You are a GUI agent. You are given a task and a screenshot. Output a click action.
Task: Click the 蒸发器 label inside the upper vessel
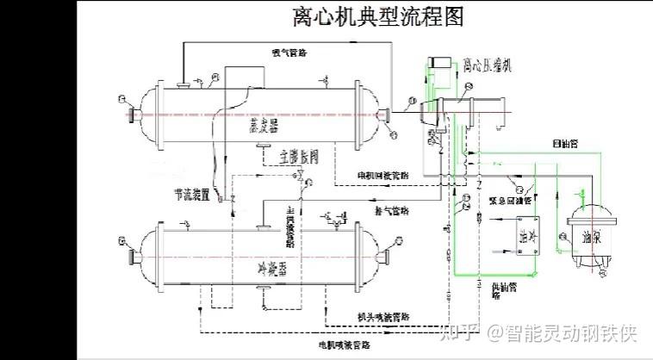[x=262, y=126]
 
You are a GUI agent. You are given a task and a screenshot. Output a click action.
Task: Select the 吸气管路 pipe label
[x=289, y=53]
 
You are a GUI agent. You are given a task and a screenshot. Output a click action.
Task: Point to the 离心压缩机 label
[x=487, y=65]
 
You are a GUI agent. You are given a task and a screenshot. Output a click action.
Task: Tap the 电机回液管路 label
[x=385, y=176]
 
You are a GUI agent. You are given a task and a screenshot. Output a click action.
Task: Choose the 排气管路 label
[x=392, y=209]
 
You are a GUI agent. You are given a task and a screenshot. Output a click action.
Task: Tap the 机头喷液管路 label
[x=385, y=317]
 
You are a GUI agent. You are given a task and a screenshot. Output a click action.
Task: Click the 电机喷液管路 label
[x=344, y=344]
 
